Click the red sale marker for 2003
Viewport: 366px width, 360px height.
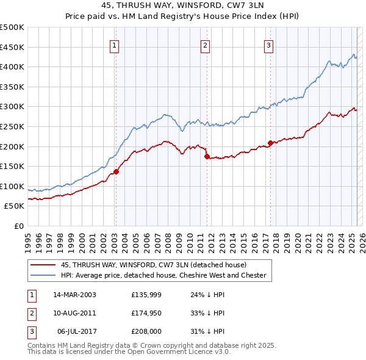tap(116, 171)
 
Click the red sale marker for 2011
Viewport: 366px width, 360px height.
tap(207, 156)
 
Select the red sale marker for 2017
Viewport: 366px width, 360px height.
tap(270, 143)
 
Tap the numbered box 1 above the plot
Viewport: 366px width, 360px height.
tap(115, 44)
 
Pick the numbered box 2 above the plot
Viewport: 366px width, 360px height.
tap(206, 44)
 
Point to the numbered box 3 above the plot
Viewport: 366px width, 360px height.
tap(269, 44)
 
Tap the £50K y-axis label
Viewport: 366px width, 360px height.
tap(15, 206)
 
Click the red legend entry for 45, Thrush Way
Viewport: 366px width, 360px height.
tap(153, 265)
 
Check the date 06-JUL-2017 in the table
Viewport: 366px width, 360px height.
tap(76, 331)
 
